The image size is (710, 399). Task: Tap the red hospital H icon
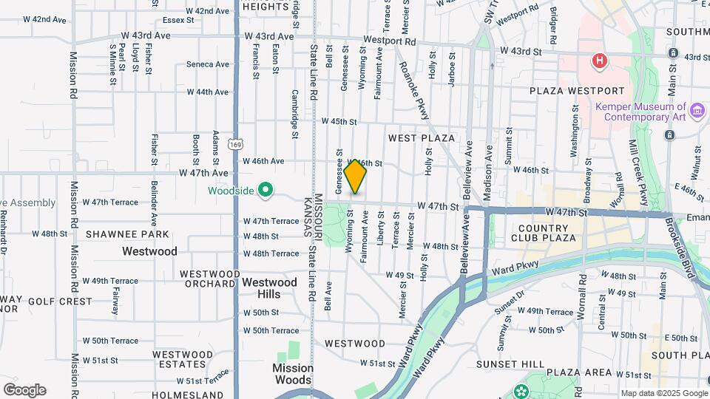(x=600, y=61)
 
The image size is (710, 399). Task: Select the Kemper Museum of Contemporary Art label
(x=641, y=112)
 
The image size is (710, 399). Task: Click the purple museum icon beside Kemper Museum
(x=696, y=112)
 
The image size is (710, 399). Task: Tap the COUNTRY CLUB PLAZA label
(x=547, y=233)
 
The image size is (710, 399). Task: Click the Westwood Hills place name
(x=269, y=288)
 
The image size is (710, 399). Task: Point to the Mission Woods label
(x=292, y=374)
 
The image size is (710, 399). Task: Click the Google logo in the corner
(x=24, y=390)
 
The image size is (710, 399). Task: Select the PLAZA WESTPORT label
(x=577, y=91)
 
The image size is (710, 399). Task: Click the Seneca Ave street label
(x=207, y=64)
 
